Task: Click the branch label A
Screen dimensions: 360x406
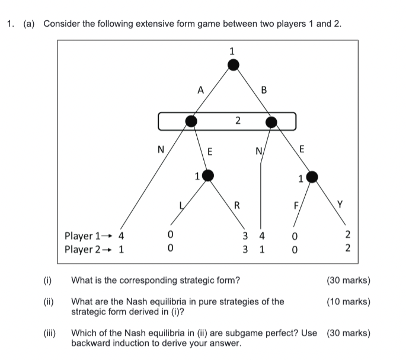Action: click(x=200, y=91)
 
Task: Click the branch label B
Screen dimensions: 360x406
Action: click(x=264, y=91)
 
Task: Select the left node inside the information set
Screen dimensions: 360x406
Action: click(x=191, y=121)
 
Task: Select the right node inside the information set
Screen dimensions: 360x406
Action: click(x=271, y=122)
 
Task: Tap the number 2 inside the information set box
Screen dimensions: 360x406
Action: click(x=237, y=121)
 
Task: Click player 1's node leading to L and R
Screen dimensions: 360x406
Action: click(x=207, y=175)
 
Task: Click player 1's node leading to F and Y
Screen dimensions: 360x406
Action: click(x=312, y=176)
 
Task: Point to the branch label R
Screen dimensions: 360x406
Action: click(x=236, y=206)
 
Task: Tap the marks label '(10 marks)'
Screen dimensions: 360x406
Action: click(x=349, y=301)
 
